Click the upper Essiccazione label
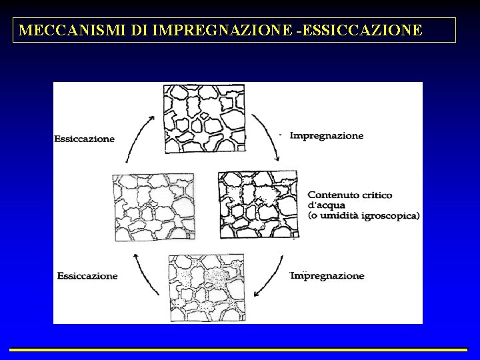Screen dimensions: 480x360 click(x=84, y=139)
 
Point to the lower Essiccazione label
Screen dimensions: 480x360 click(x=87, y=276)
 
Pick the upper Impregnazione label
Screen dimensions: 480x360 click(x=327, y=136)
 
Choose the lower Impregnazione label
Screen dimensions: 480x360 click(x=327, y=276)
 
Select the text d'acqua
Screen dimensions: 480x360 click(x=326, y=205)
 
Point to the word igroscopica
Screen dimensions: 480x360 click(x=391, y=215)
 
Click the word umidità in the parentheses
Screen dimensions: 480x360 click(x=341, y=215)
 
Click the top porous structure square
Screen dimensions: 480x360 click(x=205, y=119)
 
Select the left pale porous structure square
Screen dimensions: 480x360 click(x=153, y=207)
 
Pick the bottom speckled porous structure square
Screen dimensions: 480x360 click(x=207, y=288)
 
